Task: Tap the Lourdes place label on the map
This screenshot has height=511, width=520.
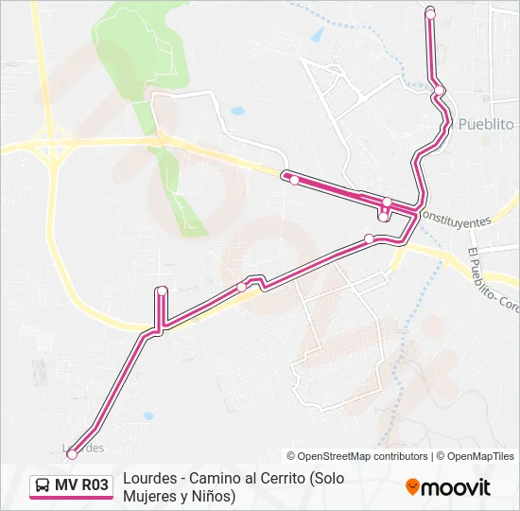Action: coord(83,447)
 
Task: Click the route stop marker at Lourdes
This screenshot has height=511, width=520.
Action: coord(71,455)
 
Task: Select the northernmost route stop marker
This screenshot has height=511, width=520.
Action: coord(430,13)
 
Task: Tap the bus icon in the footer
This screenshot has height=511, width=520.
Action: coord(43,486)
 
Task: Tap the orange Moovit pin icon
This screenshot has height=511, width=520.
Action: coord(413,487)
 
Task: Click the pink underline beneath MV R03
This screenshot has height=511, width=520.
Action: coord(71,499)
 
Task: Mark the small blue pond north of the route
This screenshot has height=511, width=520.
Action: coord(236,111)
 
